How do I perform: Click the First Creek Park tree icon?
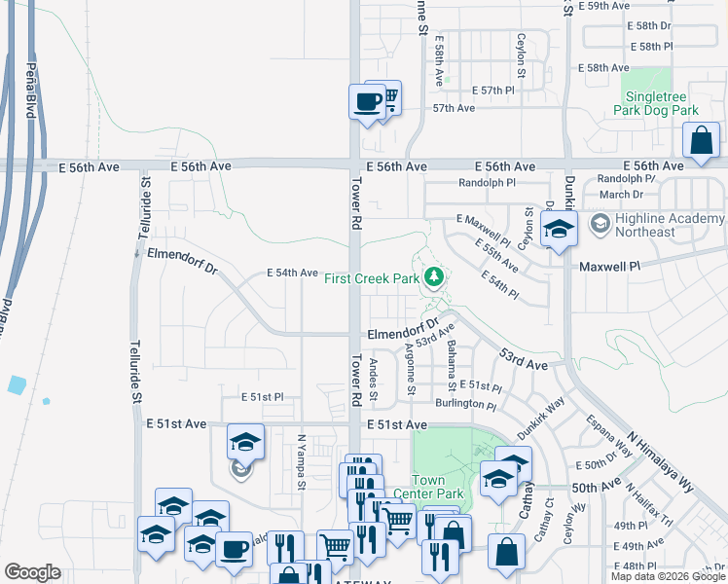point(434,279)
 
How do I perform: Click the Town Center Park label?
point(435,487)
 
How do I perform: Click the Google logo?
point(32,572)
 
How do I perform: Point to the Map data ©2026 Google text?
point(668,576)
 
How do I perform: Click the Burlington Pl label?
point(466,404)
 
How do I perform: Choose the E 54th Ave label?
point(293,274)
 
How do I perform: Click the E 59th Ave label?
point(604,6)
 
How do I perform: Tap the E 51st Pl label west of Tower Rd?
point(262,397)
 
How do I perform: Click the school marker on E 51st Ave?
point(245,443)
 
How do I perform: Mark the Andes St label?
point(374,377)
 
